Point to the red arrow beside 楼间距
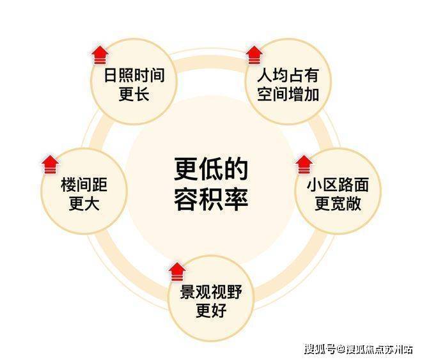(x=49, y=164)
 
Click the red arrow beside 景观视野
(x=175, y=271)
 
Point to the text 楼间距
(x=84, y=186)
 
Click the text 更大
(x=84, y=205)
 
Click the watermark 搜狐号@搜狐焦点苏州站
(x=358, y=349)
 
